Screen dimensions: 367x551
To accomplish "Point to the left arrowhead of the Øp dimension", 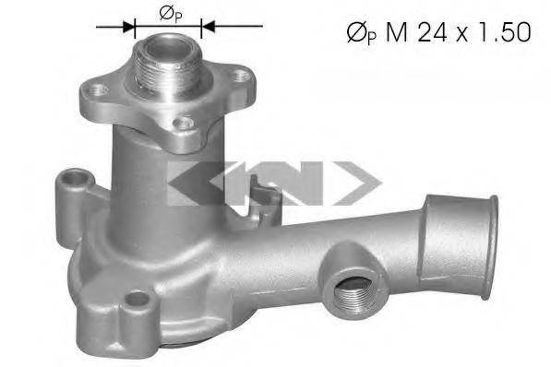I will coord(129,27).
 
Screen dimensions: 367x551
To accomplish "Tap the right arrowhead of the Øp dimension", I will coord(208,27).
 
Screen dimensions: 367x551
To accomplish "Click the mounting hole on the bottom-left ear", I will coord(139,299).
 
